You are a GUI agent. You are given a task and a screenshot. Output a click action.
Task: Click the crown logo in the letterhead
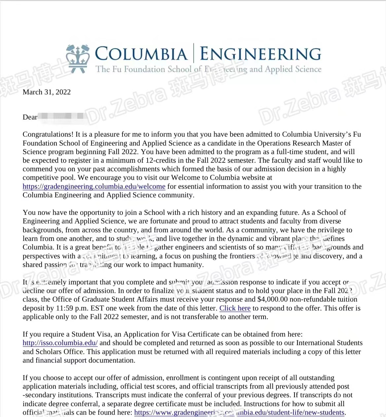(78, 58)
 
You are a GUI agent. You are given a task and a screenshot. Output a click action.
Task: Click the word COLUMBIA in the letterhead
(141, 54)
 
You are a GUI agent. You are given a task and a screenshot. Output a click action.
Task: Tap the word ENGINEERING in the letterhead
(261, 54)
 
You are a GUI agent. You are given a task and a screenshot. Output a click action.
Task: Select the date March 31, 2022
(47, 92)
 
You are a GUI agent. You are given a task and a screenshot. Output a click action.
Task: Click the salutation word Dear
(30, 117)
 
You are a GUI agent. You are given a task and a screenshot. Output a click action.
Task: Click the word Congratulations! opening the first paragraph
(48, 134)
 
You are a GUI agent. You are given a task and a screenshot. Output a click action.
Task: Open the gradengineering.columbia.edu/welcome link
(94, 186)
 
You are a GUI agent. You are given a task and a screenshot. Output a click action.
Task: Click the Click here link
(235, 308)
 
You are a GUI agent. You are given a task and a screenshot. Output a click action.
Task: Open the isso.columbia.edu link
(60, 343)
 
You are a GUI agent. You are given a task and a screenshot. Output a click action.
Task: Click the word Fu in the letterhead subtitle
(117, 69)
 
